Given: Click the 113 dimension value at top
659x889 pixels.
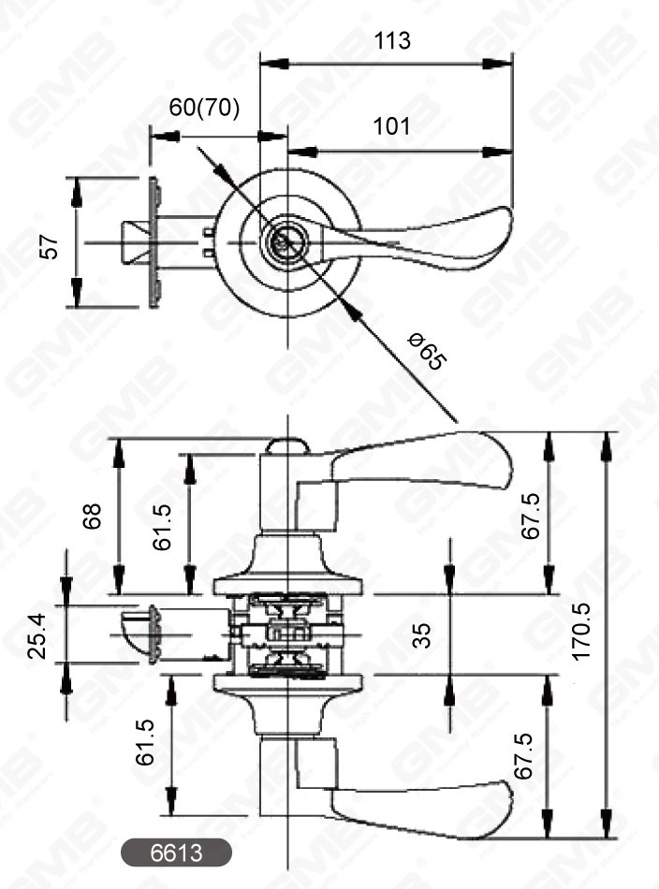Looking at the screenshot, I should pos(392,41).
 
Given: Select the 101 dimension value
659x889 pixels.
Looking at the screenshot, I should pos(392,126).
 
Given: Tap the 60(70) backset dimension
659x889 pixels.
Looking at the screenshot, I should pos(204,108).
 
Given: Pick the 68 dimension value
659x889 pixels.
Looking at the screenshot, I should pos(92,515).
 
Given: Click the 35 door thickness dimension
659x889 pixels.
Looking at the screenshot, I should pos(422,636).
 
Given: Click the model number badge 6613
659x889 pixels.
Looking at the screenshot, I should pos(176,852).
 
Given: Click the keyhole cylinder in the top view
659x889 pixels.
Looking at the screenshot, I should pos(281,241).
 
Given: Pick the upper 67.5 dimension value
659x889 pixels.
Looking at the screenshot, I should pos(531,515).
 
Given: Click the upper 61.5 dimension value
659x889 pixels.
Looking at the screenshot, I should pos(164,526).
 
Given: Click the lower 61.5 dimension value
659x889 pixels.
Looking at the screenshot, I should pos(146,744).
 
